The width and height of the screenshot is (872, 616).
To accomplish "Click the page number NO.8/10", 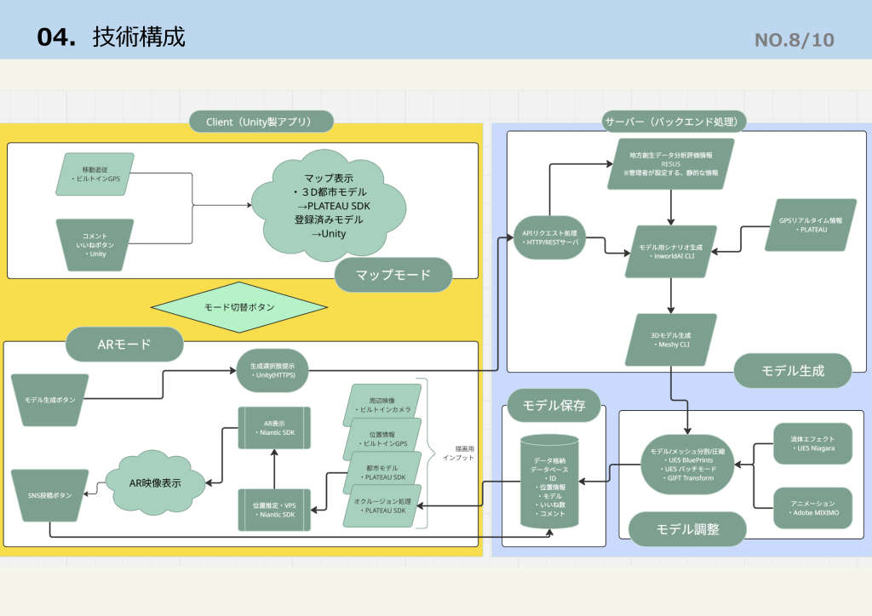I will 794,39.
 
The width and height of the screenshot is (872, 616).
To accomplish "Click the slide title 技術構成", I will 139,37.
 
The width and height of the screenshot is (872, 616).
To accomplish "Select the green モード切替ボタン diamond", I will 239,307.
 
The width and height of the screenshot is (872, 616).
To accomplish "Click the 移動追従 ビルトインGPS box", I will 95,174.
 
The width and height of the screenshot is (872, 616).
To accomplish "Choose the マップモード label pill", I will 393,275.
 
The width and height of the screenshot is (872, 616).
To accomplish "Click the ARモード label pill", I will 124,344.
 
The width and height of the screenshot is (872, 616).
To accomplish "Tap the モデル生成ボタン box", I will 50,400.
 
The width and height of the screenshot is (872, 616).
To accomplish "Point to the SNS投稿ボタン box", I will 50,495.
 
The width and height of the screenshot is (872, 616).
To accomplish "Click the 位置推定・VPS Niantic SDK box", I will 274,510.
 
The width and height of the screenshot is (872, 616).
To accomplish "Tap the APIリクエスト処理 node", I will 549,237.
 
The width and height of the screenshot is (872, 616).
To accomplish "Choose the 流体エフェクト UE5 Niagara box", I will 812,443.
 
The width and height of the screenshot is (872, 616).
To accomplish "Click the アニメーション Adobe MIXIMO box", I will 812,509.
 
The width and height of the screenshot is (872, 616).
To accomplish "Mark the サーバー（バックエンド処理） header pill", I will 674,121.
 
